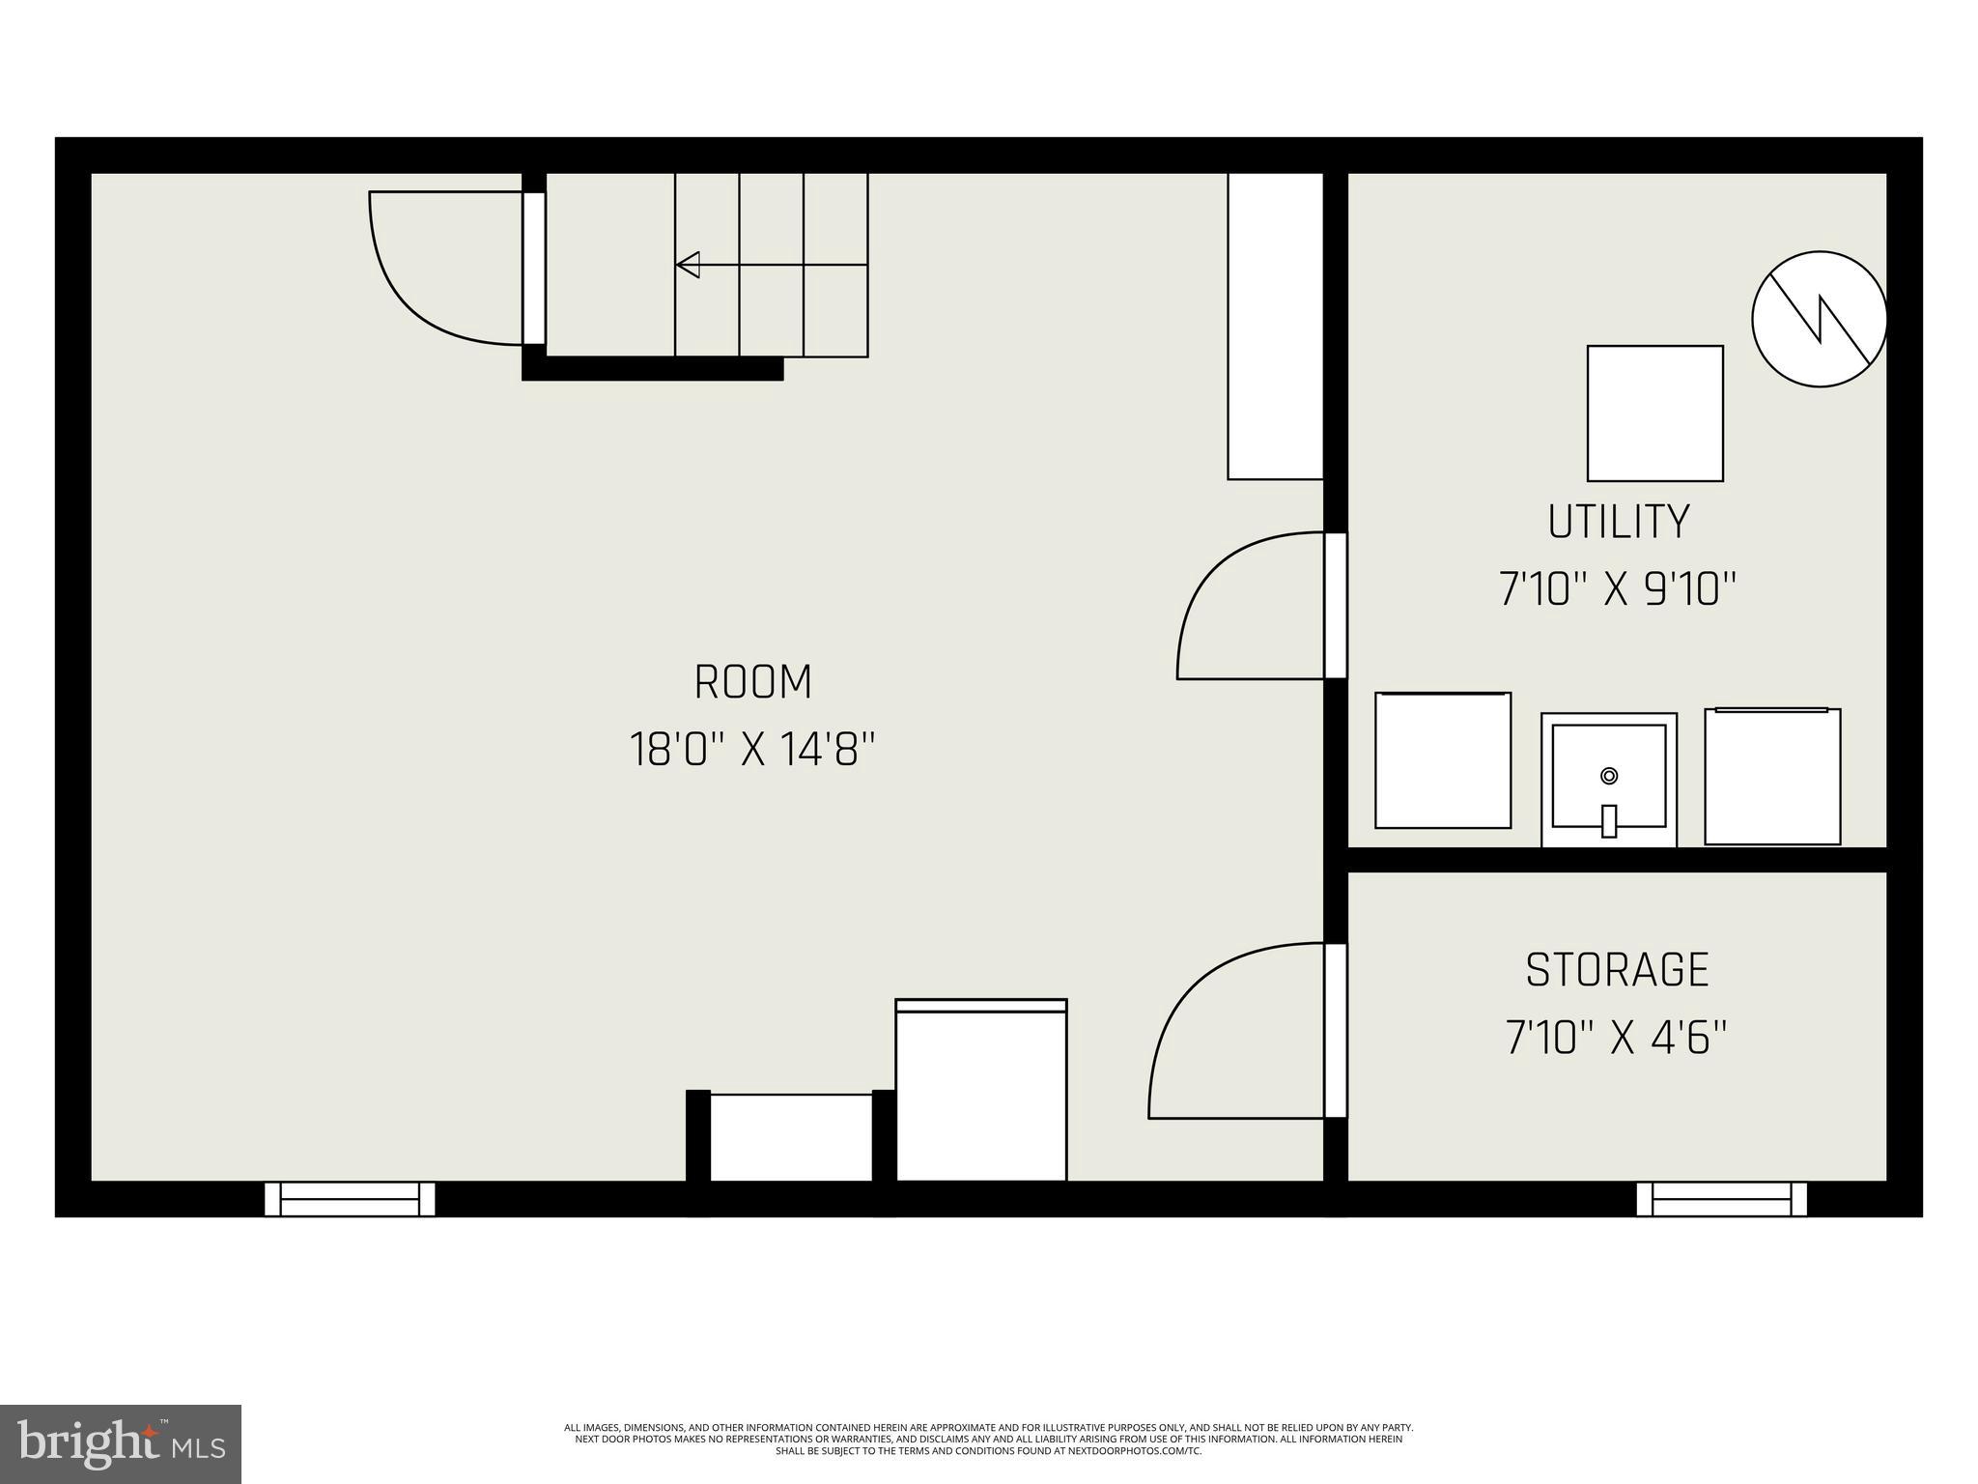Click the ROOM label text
(753, 682)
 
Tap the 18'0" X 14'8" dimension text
(753, 750)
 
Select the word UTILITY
(1619, 522)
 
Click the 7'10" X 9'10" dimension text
(1618, 589)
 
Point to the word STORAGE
(1617, 970)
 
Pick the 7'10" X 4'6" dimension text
(1616, 1038)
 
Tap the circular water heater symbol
(1819, 319)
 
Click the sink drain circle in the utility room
(1609, 775)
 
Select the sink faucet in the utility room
(1609, 820)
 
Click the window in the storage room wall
(1721, 1199)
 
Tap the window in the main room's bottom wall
(350, 1199)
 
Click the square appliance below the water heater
(1654, 413)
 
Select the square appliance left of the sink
(1442, 760)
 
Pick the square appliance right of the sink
(1771, 776)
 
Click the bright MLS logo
(121, 1443)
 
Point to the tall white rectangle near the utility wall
(1275, 326)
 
